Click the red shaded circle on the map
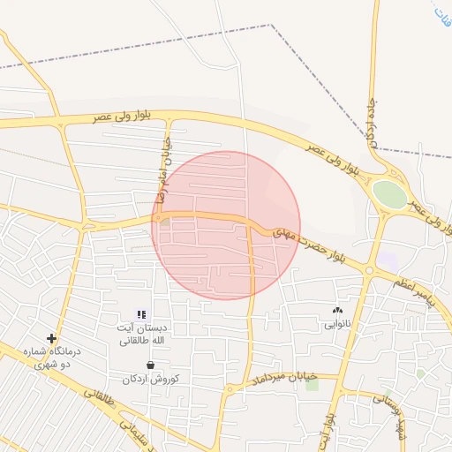(x=226, y=224)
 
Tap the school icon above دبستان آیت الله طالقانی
(x=141, y=313)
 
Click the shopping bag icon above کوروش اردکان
(x=151, y=364)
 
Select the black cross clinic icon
(x=51, y=338)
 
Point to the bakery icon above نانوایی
(x=336, y=310)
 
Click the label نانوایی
(x=336, y=324)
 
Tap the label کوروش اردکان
(x=151, y=378)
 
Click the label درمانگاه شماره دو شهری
(x=53, y=357)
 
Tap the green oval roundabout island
(x=389, y=192)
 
